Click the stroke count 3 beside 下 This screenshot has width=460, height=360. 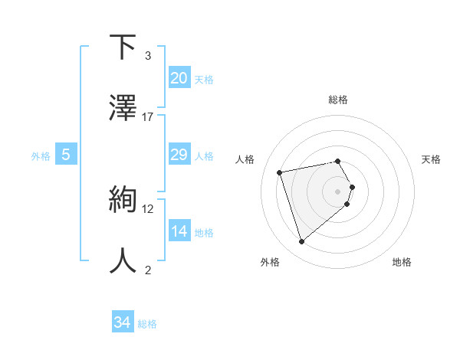(148, 56)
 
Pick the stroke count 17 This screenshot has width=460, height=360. (148, 116)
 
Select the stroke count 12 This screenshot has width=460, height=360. (148, 208)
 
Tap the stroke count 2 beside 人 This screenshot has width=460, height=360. (148, 269)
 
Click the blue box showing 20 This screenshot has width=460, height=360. (179, 78)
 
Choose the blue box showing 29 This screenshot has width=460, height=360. (179, 155)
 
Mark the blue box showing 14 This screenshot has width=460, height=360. (179, 231)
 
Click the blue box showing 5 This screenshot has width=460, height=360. (66, 155)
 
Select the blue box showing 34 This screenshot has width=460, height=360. (123, 323)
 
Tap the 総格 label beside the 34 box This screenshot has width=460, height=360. (147, 324)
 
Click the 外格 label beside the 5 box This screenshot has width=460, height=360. (41, 155)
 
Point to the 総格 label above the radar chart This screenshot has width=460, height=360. (338, 100)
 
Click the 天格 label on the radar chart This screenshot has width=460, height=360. (432, 159)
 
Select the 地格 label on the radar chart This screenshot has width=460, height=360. (402, 262)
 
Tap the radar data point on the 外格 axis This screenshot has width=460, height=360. (301, 242)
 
